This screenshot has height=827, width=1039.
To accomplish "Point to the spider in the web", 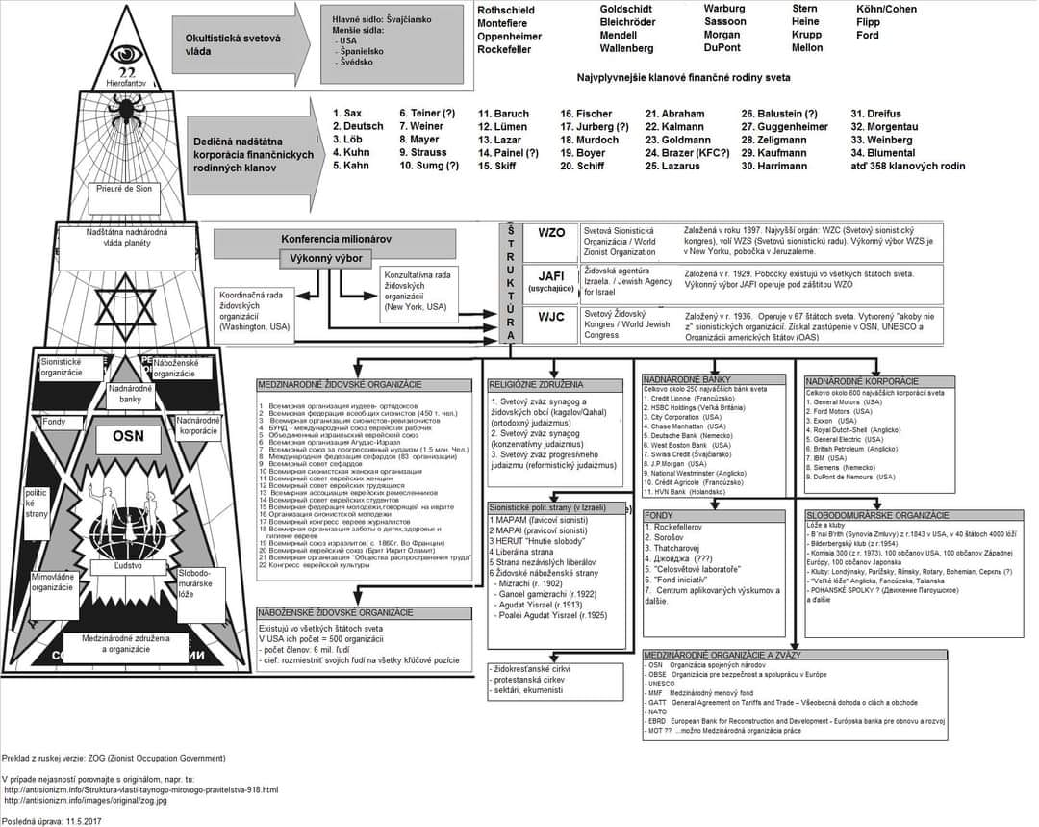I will pyautogui.click(x=125, y=113).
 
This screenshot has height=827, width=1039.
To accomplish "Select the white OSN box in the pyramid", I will pyautogui.click(x=128, y=436).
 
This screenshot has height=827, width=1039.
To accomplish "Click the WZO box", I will pyautogui.click(x=551, y=233).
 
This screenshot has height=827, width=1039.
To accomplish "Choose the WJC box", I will pyautogui.click(x=551, y=316).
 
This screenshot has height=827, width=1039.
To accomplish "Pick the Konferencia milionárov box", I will pyautogui.click(x=336, y=239).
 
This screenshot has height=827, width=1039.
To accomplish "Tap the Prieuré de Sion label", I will pyautogui.click(x=124, y=189).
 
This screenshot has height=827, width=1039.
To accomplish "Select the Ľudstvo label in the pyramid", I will pyautogui.click(x=128, y=567).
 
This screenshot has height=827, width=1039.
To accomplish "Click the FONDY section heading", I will pyautogui.click(x=659, y=515).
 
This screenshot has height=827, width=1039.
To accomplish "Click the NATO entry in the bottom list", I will pyautogui.click(x=658, y=711).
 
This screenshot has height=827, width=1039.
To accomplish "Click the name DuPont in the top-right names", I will pyautogui.click(x=722, y=48).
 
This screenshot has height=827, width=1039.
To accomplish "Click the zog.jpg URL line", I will pyautogui.click(x=86, y=800).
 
